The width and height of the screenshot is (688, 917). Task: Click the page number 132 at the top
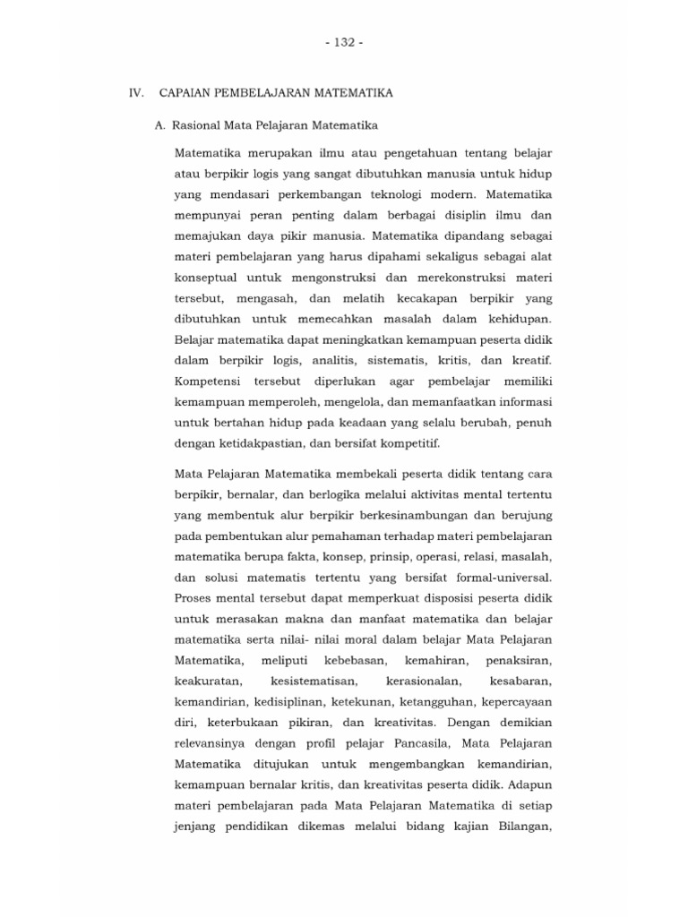345,42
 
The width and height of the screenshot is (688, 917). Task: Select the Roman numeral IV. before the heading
137,92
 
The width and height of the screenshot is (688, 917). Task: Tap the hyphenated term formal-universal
502,578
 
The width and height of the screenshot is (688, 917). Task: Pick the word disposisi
421,598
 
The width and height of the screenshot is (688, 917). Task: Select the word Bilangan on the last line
521,826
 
